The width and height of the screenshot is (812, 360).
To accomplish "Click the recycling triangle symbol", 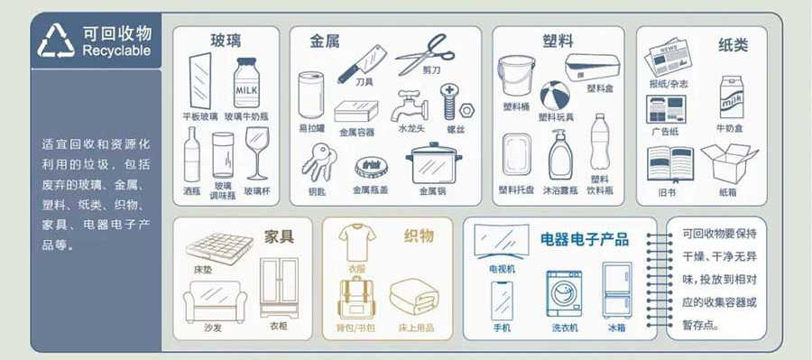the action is [x=56, y=41].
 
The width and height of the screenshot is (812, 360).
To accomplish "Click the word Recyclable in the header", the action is [x=116, y=51].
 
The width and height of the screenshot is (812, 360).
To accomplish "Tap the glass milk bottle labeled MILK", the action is [x=246, y=83].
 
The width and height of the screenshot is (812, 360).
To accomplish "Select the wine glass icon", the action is [x=257, y=153].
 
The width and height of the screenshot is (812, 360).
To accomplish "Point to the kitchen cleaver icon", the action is [x=362, y=63].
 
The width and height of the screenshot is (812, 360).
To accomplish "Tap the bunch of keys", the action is [x=318, y=162].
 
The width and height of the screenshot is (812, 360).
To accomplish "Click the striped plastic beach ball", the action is [x=555, y=96].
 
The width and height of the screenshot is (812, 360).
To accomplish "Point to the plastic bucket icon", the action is [x=516, y=76].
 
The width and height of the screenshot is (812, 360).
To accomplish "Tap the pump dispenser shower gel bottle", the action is [x=560, y=155].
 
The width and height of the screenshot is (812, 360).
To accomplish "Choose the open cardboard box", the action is [x=728, y=163].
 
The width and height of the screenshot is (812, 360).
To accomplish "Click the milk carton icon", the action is [x=731, y=97].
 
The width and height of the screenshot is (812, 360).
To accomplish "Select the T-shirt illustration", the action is [x=357, y=242].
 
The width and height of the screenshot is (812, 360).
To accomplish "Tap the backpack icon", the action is [x=356, y=298].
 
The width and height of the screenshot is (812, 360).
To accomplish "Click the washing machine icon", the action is [x=564, y=294].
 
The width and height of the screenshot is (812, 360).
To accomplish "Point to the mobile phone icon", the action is [x=502, y=301].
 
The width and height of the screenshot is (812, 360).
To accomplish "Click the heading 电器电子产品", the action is [x=585, y=239].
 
